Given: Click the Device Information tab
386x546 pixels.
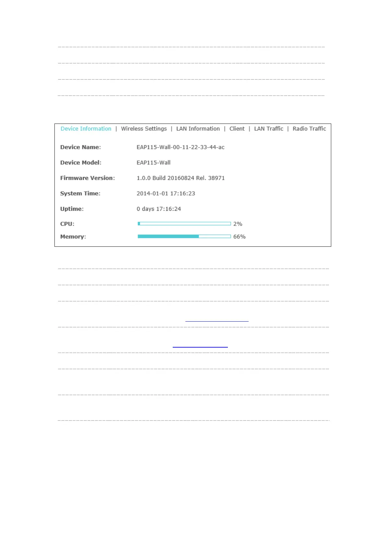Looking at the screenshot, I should point(86,129).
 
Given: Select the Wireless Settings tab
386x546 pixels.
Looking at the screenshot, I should point(144,129).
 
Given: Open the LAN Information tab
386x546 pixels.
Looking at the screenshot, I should point(198,129).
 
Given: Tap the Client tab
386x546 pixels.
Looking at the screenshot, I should point(237,129).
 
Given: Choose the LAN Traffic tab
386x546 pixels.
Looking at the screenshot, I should point(269,129).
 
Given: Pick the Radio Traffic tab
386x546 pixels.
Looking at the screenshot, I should point(309,129).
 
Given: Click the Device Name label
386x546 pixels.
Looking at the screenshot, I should point(80,147).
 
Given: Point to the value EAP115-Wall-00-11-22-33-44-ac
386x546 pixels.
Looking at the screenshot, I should point(181,147).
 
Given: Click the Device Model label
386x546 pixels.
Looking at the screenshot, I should point(81,163).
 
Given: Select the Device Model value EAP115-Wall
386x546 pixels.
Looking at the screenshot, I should point(154,163).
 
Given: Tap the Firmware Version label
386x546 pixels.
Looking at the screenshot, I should point(88,178).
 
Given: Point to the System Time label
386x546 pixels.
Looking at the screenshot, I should point(80,194).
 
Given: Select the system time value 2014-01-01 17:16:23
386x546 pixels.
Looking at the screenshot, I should point(166,194).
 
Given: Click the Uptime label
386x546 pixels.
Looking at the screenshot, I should point(72,209).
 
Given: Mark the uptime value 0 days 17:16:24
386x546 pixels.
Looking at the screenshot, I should point(159,209).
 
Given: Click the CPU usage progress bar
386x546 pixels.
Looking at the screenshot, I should point(184,224).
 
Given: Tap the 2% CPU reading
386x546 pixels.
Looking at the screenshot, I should point(238,224).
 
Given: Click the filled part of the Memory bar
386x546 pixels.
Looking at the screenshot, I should point(168,237).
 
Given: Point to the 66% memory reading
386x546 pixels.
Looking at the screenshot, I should point(240,237).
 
